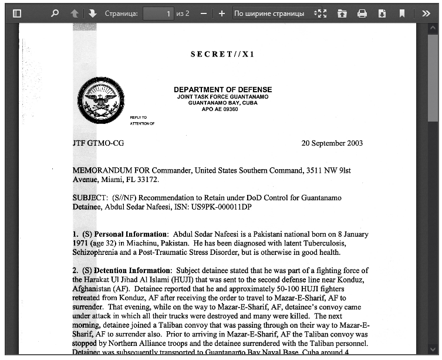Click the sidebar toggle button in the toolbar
click(16, 13)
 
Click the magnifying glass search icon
click(55, 13)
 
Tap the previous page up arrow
click(75, 13)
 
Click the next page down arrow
click(92, 13)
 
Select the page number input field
click(158, 13)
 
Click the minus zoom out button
click(203, 13)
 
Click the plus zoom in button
click(221, 13)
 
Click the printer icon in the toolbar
click(362, 13)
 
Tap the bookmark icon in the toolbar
click(402, 13)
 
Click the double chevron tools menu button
click(426, 13)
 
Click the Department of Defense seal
click(101, 102)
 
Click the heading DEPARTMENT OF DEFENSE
click(222, 89)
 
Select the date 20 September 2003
click(332, 143)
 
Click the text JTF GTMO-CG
click(98, 143)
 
